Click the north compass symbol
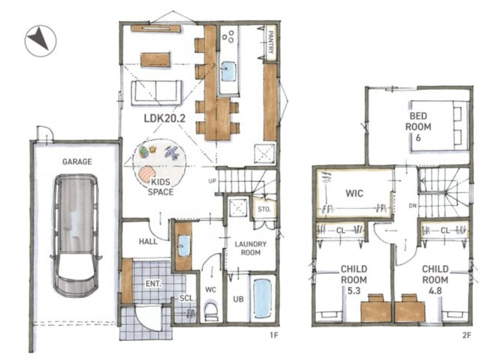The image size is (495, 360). click(40, 41)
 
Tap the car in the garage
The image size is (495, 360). click(76, 235)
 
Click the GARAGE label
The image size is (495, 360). click(77, 162)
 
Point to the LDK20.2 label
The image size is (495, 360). click(164, 118)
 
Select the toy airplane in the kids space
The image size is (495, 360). click(172, 153)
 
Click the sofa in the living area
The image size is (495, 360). click(156, 92)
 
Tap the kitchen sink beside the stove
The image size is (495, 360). click(228, 71)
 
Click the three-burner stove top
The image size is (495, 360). click(229, 36)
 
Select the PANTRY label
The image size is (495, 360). click(271, 42)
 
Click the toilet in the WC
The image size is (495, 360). click(210, 311)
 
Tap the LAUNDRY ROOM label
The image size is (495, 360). click(251, 248)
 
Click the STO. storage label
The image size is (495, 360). click(264, 209)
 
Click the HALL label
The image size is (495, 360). click(148, 242)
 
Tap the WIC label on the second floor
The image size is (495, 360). click(354, 193)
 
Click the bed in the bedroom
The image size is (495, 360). click(439, 125)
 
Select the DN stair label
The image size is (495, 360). click(412, 206)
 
